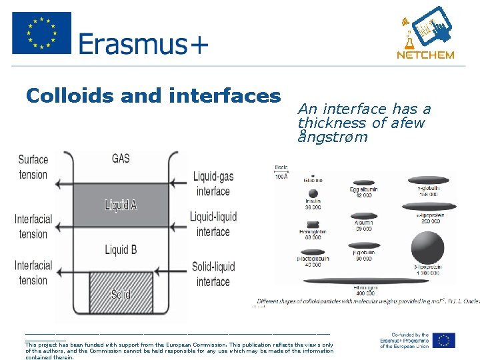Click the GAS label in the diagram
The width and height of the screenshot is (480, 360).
point(121,159)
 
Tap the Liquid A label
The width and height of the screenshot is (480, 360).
point(121,205)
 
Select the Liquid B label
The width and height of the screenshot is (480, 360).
point(121,250)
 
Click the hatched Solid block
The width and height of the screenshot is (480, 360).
point(121,293)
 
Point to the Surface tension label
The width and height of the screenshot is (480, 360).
point(33,167)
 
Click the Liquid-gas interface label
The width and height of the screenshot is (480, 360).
point(213,183)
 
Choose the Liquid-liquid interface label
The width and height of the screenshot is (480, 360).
point(213,225)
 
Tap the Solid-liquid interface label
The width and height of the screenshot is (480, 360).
point(213,274)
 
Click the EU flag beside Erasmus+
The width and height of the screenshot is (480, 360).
point(41,33)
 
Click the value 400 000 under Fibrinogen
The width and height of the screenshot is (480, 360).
point(364,293)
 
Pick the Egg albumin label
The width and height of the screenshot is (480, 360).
point(364,189)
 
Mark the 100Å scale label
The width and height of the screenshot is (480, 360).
point(281,176)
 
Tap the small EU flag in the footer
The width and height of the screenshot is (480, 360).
point(443,340)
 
